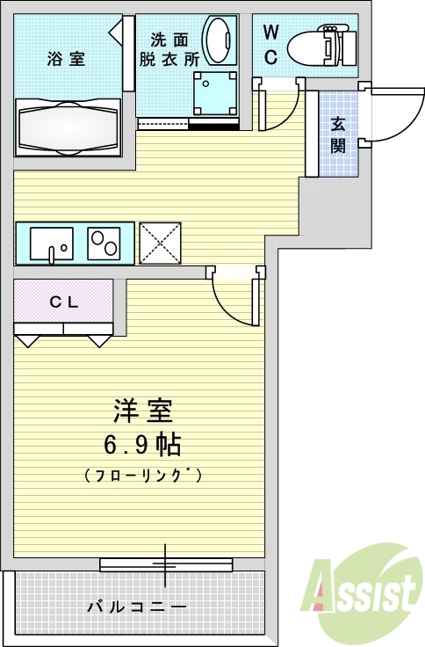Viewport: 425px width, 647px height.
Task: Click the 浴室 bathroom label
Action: (x=66, y=60)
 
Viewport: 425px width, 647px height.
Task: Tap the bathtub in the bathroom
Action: (x=68, y=127)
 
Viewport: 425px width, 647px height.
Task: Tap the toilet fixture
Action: (x=321, y=44)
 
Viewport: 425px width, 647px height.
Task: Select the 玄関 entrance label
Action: (x=338, y=134)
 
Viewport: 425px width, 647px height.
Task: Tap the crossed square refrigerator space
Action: (x=160, y=243)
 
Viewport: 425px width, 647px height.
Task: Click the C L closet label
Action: (x=63, y=302)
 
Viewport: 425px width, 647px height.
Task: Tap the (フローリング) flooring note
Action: (x=144, y=476)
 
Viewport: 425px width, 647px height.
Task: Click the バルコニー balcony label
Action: (x=136, y=607)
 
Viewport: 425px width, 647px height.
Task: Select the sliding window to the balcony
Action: (x=165, y=564)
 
